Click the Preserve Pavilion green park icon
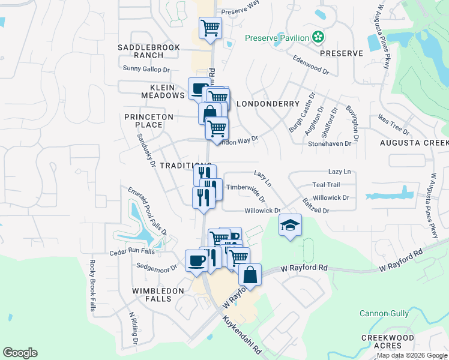coord(318,38)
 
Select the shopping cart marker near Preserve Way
coord(210,28)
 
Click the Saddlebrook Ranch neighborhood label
coord(140,51)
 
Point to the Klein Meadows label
coord(163,91)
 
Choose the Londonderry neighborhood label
coord(268,104)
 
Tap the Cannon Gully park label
coord(384,313)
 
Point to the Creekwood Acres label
coord(387,341)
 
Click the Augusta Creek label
coord(414,143)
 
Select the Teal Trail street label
coord(326,185)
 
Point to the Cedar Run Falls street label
coord(131,252)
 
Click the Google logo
coord(20,353)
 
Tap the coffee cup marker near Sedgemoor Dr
coord(197,261)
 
